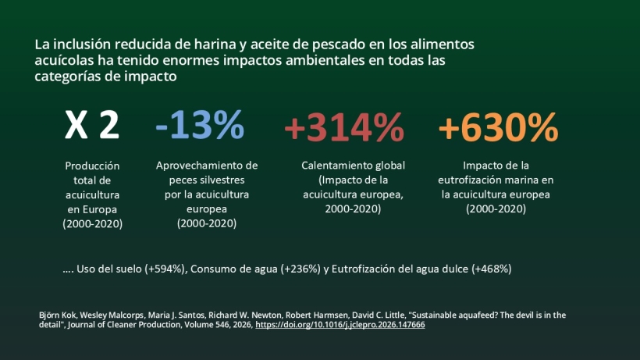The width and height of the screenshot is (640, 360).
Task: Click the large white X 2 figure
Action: pos(91,126)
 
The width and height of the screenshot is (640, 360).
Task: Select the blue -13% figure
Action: pos(200,125)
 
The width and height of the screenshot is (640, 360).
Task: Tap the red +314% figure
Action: pos(343,127)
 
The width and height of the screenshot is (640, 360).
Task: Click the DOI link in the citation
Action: pos(340,324)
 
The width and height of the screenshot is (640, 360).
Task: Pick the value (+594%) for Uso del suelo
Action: pos(165,269)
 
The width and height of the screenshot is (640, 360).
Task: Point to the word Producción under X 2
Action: pos(92,166)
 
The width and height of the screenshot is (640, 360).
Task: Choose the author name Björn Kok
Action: pos(57,315)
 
